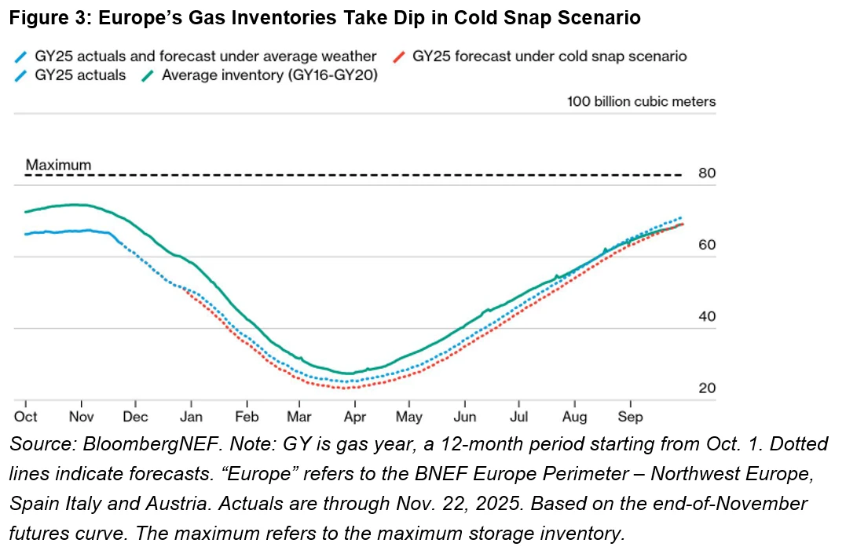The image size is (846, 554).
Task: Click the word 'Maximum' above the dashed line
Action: click(x=58, y=166)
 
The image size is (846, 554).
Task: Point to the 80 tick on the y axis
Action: click(x=706, y=173)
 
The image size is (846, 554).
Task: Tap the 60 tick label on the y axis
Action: click(x=706, y=245)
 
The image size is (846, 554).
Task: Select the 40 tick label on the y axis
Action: click(x=706, y=317)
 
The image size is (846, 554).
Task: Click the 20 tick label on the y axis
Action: click(x=706, y=388)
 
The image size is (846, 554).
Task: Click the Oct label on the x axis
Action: click(x=26, y=417)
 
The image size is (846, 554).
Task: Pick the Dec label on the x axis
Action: click(x=137, y=417)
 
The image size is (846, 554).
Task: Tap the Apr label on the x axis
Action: click(x=355, y=417)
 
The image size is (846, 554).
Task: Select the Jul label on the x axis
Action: click(x=519, y=417)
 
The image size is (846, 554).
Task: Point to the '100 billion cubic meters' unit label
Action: click(x=641, y=102)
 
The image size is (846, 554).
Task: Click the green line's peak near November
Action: click(x=75, y=205)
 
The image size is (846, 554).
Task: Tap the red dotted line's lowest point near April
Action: click(x=346, y=387)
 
